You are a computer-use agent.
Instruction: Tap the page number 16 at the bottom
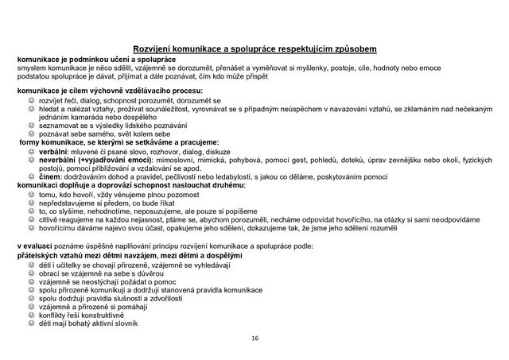[254, 339]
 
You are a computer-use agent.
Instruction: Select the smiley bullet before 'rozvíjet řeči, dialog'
[32, 100]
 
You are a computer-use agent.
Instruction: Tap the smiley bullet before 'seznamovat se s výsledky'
[32, 125]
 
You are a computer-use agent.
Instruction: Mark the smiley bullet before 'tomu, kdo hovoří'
[32, 193]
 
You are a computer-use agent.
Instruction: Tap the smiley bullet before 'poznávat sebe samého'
[32, 133]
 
